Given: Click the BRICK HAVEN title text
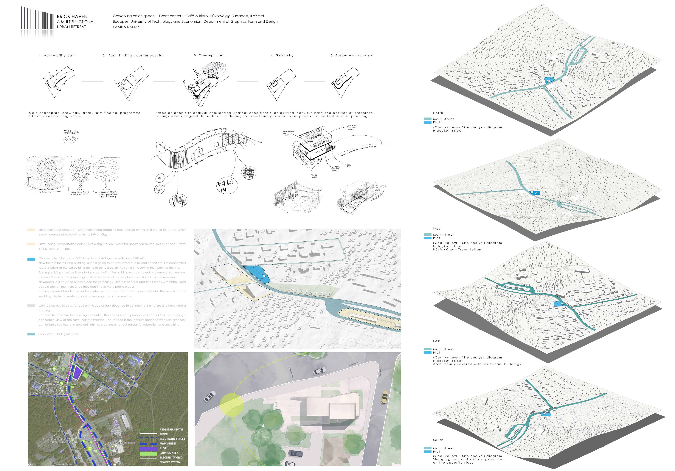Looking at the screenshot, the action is point(72,16).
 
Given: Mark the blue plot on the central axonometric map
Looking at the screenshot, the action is point(257,274).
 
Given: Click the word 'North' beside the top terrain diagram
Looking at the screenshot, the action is point(438,113).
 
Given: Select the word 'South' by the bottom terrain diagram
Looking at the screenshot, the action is point(438,440).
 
